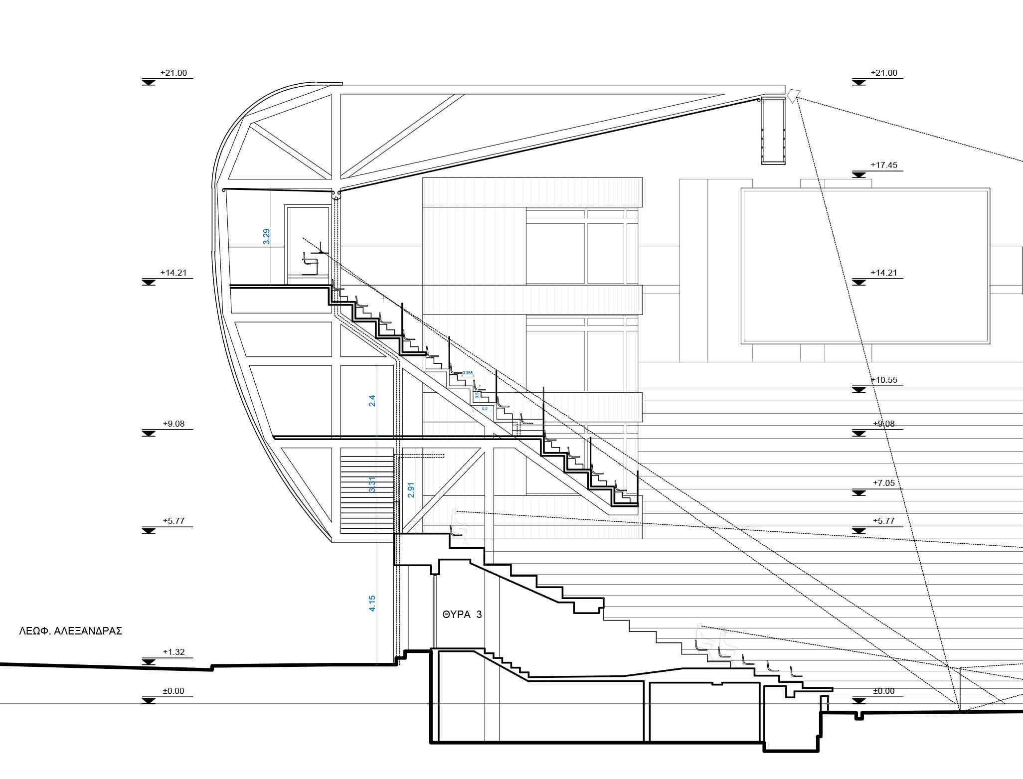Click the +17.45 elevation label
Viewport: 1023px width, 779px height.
884,165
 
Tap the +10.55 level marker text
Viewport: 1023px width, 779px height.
884,380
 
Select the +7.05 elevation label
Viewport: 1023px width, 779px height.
884,483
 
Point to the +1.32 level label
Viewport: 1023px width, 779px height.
173,652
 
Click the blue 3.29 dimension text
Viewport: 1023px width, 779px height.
267,236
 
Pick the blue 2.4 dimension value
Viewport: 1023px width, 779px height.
372,401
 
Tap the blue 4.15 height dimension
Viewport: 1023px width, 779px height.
372,604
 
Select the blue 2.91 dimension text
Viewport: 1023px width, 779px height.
411,490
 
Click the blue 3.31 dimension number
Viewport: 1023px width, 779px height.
372,485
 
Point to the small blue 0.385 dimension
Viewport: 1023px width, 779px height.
468,373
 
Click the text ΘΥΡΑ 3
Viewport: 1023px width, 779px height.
462,615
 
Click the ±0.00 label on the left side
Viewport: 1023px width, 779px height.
173,691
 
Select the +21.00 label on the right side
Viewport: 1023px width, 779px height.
884,73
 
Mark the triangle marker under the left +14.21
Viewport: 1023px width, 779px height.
148,283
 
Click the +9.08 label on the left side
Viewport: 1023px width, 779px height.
173,424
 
